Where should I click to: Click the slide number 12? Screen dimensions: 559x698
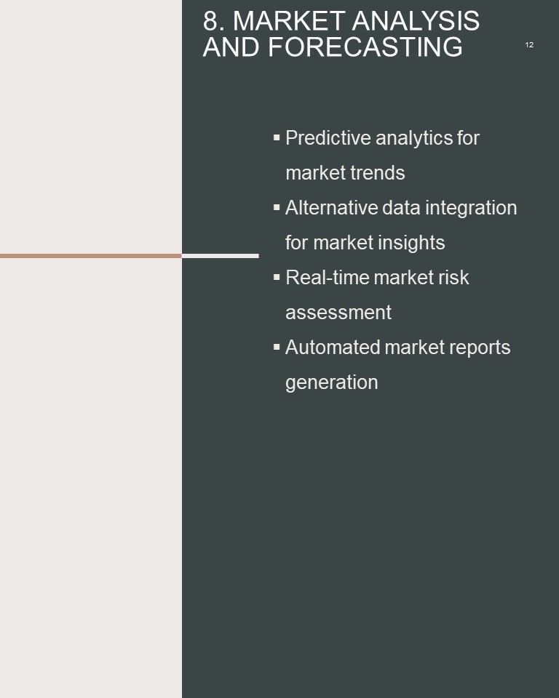[529, 45]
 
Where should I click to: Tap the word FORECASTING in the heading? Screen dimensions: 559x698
[365, 47]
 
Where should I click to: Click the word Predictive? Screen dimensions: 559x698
[328, 138]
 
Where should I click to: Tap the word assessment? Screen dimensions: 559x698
[338, 313]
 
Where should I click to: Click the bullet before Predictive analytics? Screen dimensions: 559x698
[277, 137]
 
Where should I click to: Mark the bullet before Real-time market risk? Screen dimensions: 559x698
[277, 277]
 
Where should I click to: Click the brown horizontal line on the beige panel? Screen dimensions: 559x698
[91, 256]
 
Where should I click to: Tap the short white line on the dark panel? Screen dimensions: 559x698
[221, 256]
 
